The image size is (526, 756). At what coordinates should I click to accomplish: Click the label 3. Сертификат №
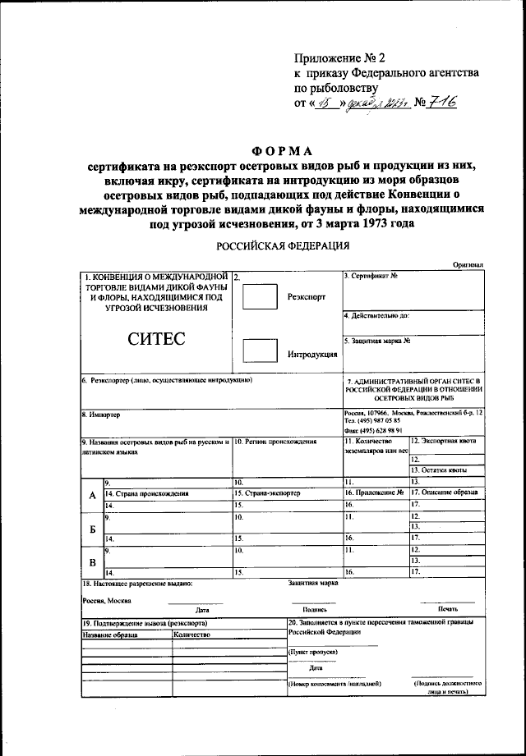(371, 276)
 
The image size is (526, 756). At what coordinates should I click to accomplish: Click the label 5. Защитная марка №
(377, 340)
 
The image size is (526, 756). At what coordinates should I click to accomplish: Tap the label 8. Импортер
(101, 415)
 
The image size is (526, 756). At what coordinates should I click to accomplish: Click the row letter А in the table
(92, 494)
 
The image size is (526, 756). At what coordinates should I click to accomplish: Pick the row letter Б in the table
(92, 529)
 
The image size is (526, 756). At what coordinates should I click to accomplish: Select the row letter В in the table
(92, 562)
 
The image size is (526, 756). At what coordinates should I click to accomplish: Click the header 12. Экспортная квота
(444, 442)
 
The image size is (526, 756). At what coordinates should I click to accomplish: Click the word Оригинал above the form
(468, 265)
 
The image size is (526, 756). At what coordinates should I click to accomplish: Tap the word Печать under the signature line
(447, 610)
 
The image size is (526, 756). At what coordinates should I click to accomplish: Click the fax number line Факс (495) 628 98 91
(372, 430)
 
